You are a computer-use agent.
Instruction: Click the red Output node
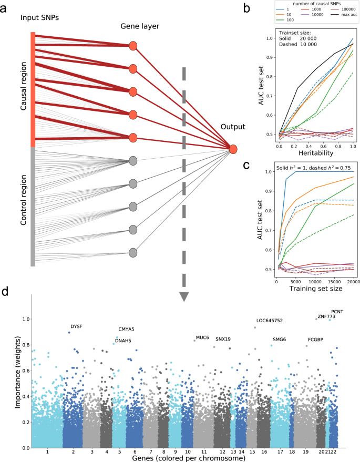233,149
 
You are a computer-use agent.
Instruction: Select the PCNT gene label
337,312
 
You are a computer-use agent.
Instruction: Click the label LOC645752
269,321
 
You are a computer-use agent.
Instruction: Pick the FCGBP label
315,340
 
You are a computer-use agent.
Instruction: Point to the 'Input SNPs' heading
38,17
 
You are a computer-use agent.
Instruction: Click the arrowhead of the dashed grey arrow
184,296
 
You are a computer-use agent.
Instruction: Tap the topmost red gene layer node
133,46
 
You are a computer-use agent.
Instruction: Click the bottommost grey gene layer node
133,253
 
